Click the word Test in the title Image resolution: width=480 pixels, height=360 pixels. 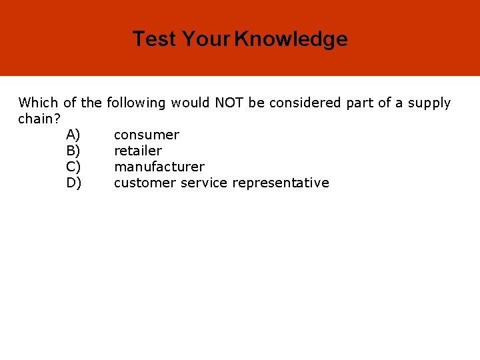point(155,39)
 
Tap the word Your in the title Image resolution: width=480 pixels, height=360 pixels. point(206,39)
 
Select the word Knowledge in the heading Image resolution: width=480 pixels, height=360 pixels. point(291,39)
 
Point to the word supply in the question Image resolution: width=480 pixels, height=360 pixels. point(429,103)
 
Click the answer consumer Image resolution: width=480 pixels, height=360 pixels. point(147,135)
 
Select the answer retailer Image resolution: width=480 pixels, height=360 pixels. point(138,151)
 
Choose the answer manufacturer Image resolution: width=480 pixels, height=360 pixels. point(159,167)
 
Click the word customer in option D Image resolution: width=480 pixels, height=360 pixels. point(145,183)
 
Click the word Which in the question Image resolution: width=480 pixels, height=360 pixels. point(38,103)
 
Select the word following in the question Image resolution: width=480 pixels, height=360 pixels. point(136,103)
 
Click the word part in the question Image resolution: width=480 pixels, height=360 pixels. point(359,103)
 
